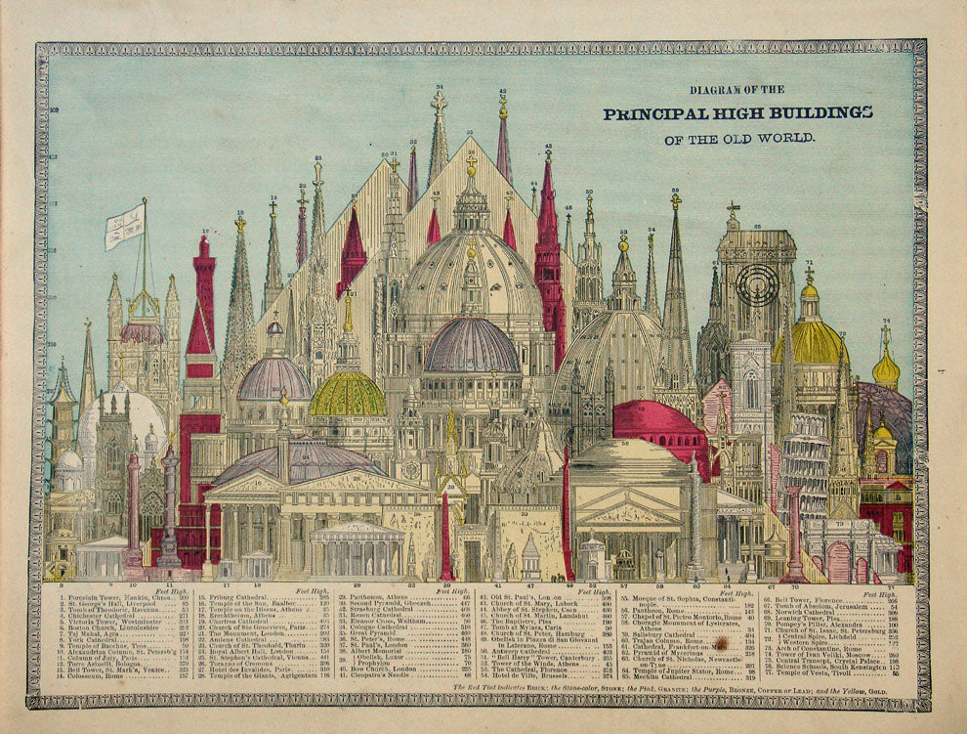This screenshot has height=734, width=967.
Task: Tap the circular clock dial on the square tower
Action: [757, 284]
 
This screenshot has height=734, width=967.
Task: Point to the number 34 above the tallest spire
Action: [439, 88]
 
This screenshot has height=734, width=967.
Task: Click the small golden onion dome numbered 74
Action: [886, 369]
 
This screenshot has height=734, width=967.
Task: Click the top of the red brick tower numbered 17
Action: [204, 245]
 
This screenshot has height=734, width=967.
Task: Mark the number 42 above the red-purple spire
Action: [503, 91]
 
